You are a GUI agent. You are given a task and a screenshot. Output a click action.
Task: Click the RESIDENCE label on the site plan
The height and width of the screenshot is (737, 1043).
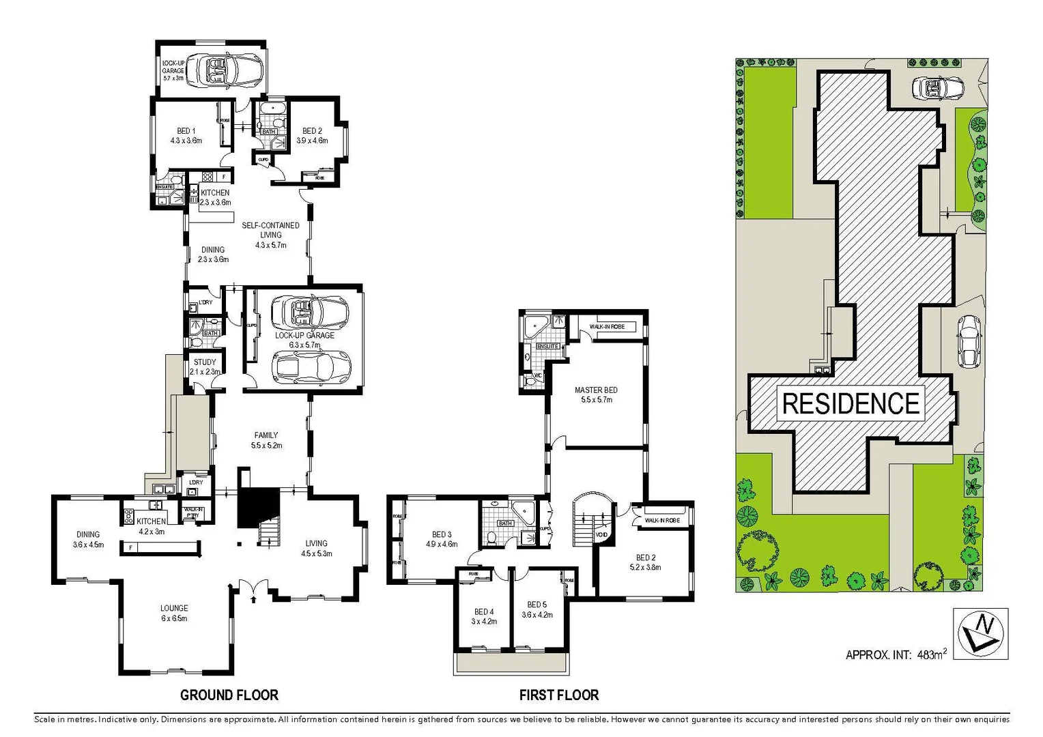[x=851, y=403]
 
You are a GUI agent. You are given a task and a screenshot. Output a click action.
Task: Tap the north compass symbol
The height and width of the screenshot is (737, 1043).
[x=980, y=634]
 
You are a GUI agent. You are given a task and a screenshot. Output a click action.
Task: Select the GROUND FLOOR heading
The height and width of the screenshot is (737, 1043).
[x=229, y=695]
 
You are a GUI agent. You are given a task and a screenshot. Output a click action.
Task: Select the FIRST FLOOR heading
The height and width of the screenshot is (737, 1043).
[x=559, y=695]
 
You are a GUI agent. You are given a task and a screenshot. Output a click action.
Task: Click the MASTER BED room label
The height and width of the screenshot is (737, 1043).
[x=596, y=394]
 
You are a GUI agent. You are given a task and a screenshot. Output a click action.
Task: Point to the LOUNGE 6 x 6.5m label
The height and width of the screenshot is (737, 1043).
[x=174, y=613]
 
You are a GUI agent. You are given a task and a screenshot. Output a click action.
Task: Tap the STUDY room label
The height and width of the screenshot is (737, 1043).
[x=205, y=366]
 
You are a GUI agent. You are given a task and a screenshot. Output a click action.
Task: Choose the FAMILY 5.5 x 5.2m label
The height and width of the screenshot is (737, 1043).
[x=266, y=440]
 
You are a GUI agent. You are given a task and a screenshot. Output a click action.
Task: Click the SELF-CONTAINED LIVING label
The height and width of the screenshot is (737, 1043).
[x=270, y=234]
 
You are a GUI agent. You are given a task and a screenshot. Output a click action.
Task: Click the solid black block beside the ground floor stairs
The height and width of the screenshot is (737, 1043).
[x=258, y=506]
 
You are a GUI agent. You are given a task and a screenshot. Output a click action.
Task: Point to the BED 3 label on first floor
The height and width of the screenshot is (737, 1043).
[x=442, y=539]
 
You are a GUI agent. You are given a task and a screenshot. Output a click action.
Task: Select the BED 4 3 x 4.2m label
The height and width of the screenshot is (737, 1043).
[x=483, y=616]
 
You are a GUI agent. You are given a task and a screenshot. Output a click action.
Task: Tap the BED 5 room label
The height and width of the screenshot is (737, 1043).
[x=537, y=609]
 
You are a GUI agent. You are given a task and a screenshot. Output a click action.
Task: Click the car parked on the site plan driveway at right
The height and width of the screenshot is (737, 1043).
[x=969, y=341]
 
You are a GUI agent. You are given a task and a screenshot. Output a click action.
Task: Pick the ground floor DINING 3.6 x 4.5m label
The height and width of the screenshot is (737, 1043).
[x=88, y=539]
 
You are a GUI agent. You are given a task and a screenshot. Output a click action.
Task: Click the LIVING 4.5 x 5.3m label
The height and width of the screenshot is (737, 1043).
[x=316, y=548]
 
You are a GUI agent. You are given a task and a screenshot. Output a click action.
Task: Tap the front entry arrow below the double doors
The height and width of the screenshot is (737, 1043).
[x=254, y=599]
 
